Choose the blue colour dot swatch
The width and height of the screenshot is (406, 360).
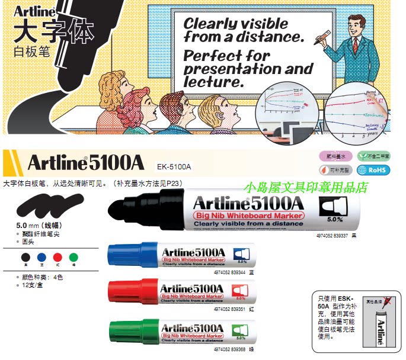click(41, 257)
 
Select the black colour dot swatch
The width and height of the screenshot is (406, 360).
click(25, 257)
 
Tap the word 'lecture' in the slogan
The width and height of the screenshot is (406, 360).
click(214, 82)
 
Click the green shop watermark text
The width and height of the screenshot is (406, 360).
click(309, 188)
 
